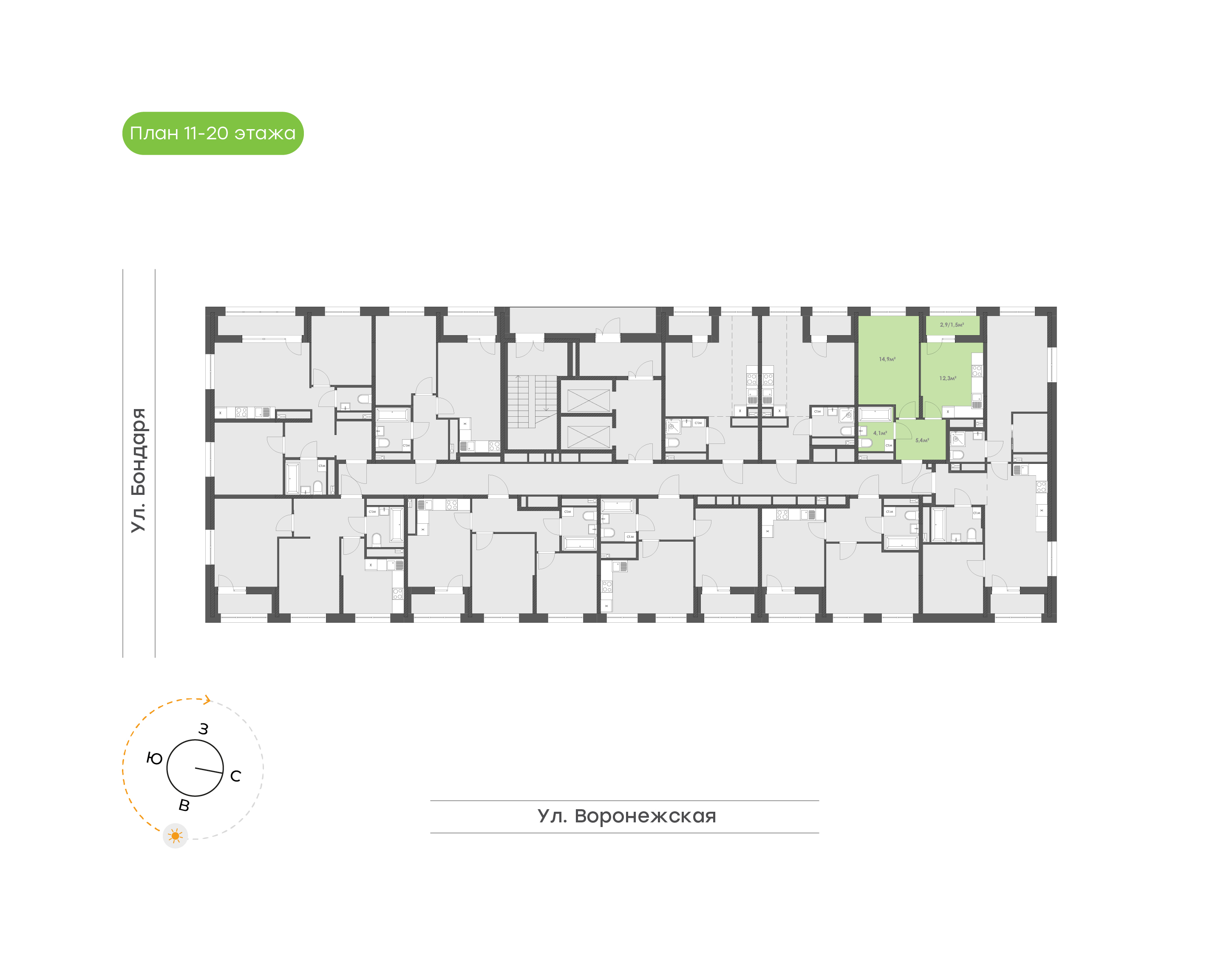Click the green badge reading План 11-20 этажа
point(212,133)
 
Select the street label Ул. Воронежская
point(626,816)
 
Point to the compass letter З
point(204,729)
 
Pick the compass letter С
point(235,776)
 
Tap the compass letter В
point(184,806)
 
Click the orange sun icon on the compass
point(176,836)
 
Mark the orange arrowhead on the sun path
point(207,700)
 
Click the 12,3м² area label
point(947,378)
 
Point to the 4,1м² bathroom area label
point(879,433)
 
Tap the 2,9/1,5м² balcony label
point(952,325)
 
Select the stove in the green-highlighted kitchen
point(977,371)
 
